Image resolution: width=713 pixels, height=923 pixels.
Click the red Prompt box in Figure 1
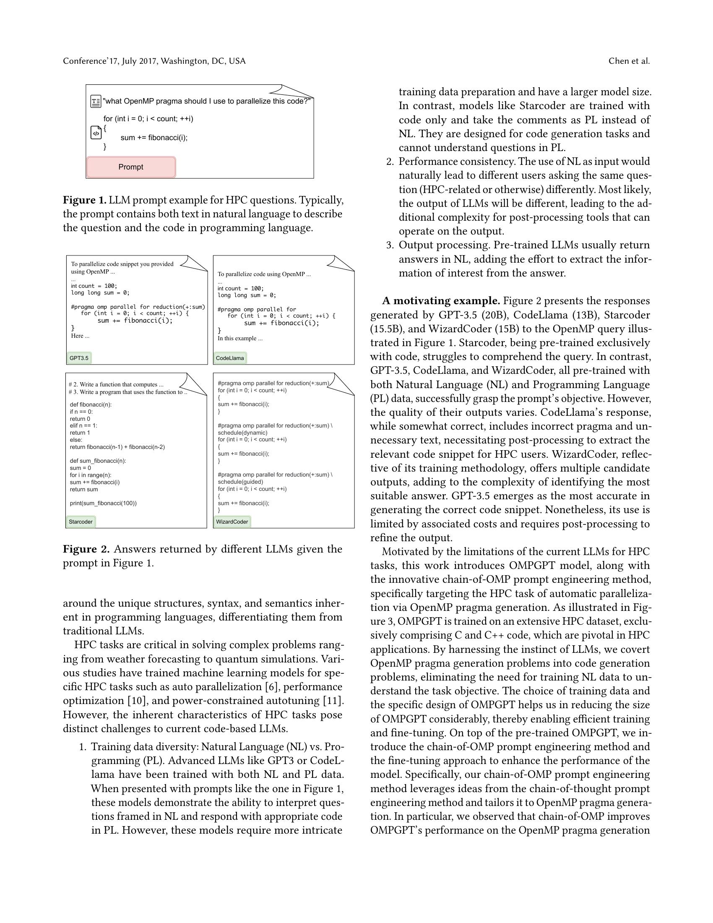(131, 167)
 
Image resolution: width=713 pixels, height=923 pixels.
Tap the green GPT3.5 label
(79, 358)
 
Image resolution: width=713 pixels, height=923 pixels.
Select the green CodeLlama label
(230, 358)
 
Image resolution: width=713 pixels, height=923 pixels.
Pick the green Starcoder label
(81, 521)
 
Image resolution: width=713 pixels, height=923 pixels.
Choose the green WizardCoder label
(232, 521)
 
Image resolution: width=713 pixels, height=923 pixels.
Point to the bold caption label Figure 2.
(86, 549)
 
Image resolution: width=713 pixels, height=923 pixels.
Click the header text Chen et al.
(629, 61)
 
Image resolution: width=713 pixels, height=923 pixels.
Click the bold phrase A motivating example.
(440, 301)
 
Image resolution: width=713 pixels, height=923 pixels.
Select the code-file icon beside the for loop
(96, 133)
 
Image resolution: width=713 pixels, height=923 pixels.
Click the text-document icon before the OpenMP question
(96, 102)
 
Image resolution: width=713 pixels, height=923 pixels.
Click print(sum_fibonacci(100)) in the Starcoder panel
(103, 503)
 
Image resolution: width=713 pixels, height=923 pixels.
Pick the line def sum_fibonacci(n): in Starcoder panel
(98, 461)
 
